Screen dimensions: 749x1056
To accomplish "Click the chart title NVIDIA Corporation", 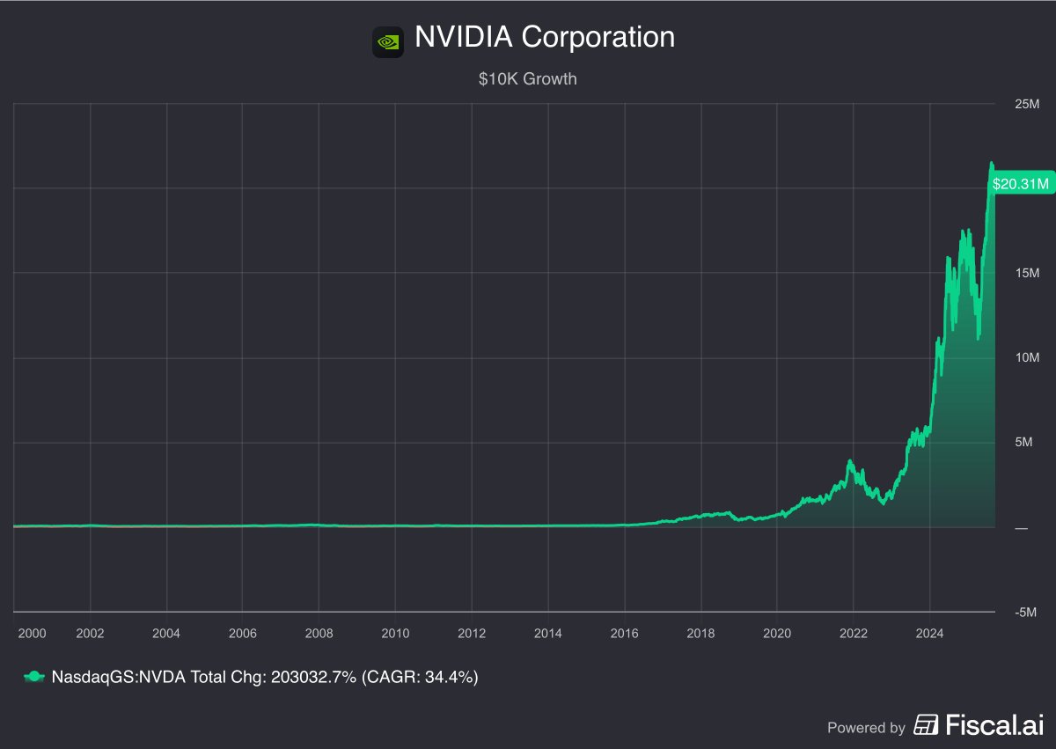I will pyautogui.click(x=545, y=38).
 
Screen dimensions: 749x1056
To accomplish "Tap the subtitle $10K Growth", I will pyautogui.click(x=528, y=79).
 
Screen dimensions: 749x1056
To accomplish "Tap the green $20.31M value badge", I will pyautogui.click(x=1020, y=184).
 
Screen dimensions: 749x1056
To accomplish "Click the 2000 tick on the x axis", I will pyautogui.click(x=32, y=633).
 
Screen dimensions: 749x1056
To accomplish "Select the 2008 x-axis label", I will pyautogui.click(x=319, y=633).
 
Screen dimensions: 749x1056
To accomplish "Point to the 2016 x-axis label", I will pyautogui.click(x=624, y=633).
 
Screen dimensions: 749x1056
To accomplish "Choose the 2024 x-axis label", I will pyautogui.click(x=929, y=633).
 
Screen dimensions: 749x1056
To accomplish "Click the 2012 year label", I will pyautogui.click(x=472, y=633).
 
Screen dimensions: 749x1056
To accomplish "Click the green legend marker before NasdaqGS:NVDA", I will pyautogui.click(x=33, y=677).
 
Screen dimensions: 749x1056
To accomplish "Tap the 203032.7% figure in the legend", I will pyautogui.click(x=312, y=677).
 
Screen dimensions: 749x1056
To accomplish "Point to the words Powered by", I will pyautogui.click(x=866, y=728).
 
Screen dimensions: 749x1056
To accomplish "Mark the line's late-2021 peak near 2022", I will pyautogui.click(x=850, y=460).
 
